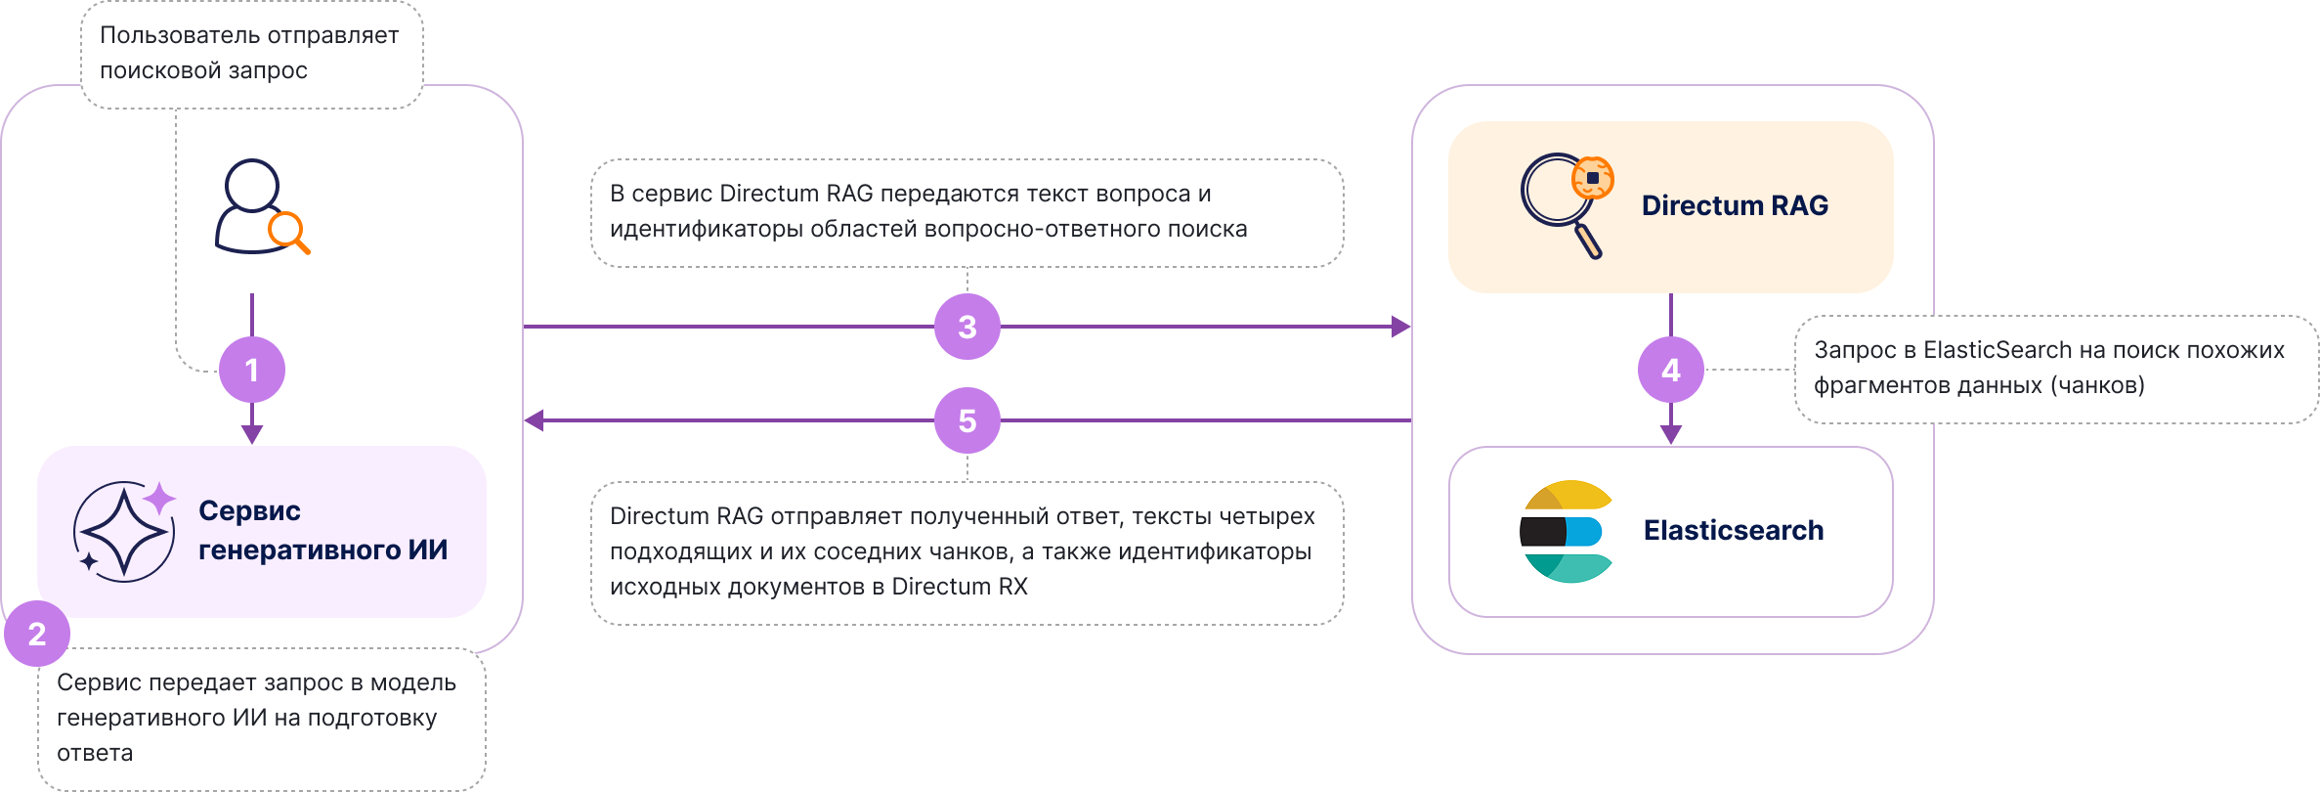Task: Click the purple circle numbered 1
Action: pyautogui.click(x=252, y=370)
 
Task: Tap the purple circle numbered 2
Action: pyautogui.click(x=37, y=634)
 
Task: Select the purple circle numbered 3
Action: pyautogui.click(x=967, y=327)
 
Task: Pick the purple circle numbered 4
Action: pyautogui.click(x=1671, y=370)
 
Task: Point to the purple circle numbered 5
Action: pyautogui.click(x=967, y=420)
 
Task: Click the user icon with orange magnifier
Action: pyautogui.click(x=260, y=207)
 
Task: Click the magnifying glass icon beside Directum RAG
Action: pyautogui.click(x=1566, y=204)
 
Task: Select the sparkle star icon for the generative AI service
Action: pyautogui.click(x=125, y=531)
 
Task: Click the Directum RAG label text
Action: pyautogui.click(x=1735, y=205)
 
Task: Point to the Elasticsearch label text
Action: pyautogui.click(x=1734, y=530)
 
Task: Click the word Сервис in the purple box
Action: pyautogui.click(x=249, y=510)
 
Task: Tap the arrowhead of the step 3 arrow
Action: pyautogui.click(x=1401, y=327)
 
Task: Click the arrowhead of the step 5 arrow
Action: pyautogui.click(x=534, y=420)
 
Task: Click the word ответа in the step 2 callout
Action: pyautogui.click(x=95, y=753)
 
